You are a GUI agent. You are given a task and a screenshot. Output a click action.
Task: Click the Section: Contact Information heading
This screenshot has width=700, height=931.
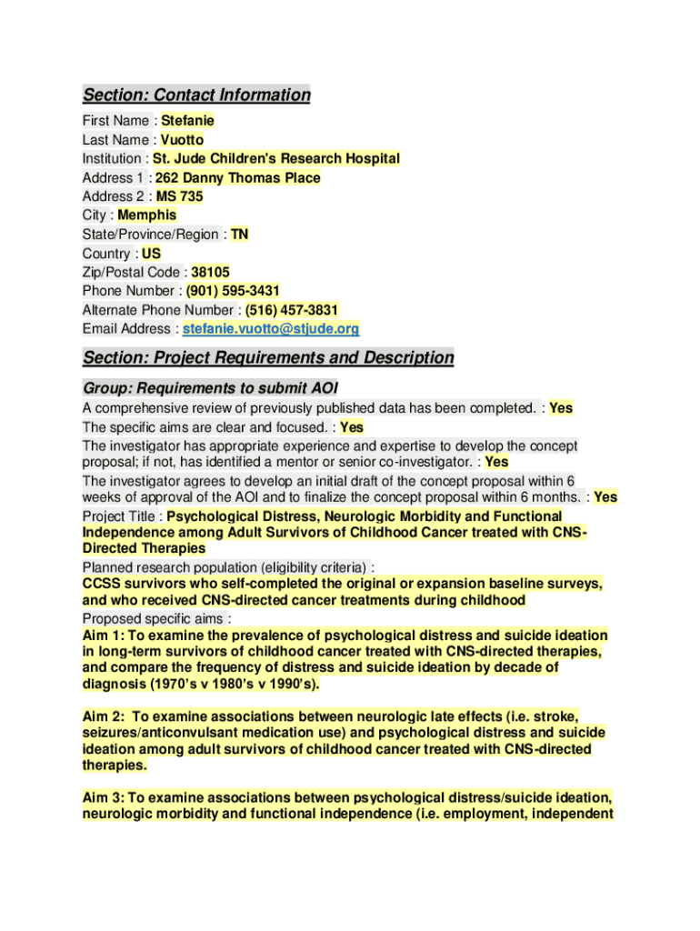click(196, 95)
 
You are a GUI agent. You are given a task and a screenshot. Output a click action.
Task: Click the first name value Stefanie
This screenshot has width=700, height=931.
click(187, 121)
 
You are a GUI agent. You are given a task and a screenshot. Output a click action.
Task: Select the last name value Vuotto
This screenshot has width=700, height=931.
click(182, 140)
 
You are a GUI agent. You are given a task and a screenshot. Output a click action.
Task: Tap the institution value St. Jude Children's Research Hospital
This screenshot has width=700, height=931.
click(276, 159)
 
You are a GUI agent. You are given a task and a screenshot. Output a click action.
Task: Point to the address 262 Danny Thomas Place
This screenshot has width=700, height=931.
click(238, 178)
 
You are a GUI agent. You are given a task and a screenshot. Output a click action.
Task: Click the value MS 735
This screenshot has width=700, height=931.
click(180, 196)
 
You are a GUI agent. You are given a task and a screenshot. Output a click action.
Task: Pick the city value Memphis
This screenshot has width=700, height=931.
click(147, 215)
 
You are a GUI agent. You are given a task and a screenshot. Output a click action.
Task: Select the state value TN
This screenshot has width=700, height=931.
click(239, 235)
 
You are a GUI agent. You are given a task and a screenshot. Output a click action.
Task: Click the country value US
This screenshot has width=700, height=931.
click(151, 254)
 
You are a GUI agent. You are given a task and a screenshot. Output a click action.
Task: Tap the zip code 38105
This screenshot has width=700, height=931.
click(210, 272)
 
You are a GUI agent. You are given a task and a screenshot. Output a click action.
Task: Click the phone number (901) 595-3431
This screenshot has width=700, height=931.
click(233, 291)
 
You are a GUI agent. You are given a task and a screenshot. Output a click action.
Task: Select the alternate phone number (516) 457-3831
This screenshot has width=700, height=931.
click(285, 310)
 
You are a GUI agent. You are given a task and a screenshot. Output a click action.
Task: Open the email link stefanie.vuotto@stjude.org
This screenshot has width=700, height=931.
click(271, 329)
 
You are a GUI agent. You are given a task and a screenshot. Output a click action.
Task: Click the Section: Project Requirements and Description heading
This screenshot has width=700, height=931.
click(268, 358)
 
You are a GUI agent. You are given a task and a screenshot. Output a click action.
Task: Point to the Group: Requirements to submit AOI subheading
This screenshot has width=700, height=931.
click(210, 388)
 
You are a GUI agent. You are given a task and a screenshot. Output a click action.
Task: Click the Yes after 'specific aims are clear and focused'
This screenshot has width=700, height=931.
click(352, 427)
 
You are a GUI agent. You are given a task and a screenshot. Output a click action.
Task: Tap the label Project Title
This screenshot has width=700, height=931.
click(118, 516)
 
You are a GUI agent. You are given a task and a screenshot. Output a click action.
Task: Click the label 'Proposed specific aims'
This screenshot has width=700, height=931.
click(153, 619)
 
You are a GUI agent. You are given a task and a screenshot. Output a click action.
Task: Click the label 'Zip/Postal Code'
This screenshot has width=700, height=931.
click(133, 272)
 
